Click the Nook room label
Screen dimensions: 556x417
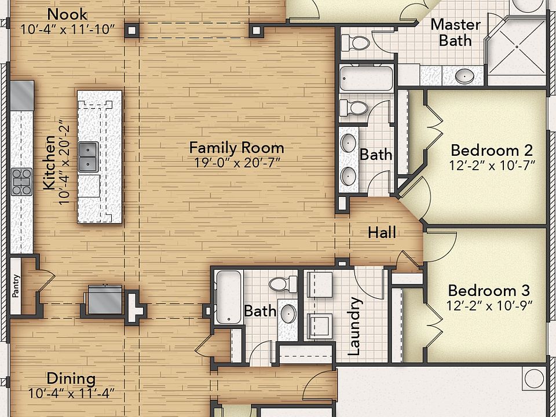coord(67,14)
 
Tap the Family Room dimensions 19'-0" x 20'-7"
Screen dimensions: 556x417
coord(237,163)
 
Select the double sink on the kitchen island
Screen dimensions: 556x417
coord(88,157)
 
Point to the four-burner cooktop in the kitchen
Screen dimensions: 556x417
coord(21,182)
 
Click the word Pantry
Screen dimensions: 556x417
coord(16,286)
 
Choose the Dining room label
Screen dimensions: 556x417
coord(71,379)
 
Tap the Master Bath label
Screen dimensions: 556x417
coord(456,32)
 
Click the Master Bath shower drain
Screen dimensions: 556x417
coord(517,47)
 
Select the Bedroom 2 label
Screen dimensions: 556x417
coord(492,151)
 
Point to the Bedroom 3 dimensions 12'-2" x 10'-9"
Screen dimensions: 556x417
coord(489,306)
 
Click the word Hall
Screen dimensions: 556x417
coord(382,233)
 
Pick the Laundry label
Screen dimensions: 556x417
coord(354,326)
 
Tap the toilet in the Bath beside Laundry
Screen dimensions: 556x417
coord(283,284)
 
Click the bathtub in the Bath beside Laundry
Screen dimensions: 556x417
coord(229,297)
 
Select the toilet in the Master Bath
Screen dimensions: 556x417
coord(356,43)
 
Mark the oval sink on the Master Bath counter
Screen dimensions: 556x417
coord(464,76)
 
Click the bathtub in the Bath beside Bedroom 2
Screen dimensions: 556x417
coord(366,78)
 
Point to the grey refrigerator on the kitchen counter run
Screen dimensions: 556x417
coord(22,96)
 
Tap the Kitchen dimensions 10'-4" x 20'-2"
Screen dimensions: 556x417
coord(64,164)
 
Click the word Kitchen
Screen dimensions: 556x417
coord(49,162)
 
